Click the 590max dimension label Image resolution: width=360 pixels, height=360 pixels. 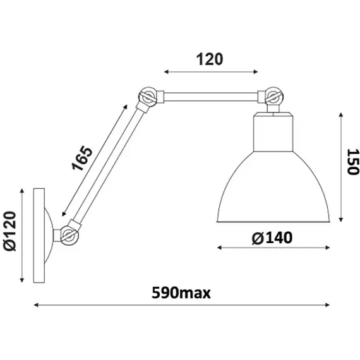[181, 292]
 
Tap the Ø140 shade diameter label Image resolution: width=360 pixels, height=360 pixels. [272, 237]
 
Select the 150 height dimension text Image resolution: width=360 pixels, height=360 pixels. [352, 162]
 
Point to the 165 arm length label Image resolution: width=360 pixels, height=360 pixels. [82, 158]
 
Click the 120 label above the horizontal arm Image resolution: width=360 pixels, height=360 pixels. [210, 59]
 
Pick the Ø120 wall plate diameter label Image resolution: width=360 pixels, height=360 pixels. [10, 231]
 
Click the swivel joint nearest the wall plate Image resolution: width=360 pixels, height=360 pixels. [69, 235]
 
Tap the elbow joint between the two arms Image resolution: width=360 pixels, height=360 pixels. [148, 97]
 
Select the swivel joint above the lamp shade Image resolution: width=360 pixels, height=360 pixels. [273, 96]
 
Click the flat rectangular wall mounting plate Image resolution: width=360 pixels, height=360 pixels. [39, 236]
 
